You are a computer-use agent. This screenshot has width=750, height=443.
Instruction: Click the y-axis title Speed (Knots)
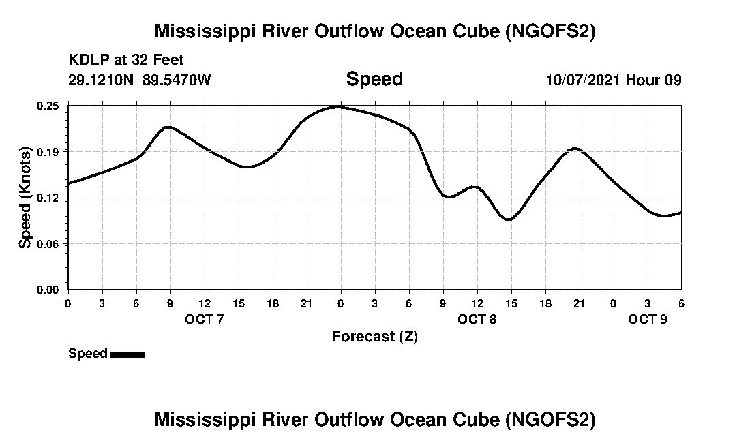(x=25, y=198)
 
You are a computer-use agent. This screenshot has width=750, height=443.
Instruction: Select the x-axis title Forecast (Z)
(x=374, y=336)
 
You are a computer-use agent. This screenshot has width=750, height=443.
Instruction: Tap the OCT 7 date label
(x=204, y=319)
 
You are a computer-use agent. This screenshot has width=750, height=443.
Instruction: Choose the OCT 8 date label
(x=477, y=319)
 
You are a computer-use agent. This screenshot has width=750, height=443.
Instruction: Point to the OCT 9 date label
(x=647, y=319)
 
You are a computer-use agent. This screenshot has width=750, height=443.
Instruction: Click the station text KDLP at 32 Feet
(x=126, y=61)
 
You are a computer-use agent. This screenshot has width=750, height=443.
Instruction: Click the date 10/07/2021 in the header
(x=583, y=80)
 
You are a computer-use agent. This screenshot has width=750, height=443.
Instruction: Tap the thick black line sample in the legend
(x=127, y=354)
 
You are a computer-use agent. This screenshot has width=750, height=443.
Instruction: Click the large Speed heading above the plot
(x=374, y=79)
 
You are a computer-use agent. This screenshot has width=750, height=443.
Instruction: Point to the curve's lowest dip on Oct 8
(x=508, y=219)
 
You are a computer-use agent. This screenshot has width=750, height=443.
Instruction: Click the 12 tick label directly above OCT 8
(x=477, y=302)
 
